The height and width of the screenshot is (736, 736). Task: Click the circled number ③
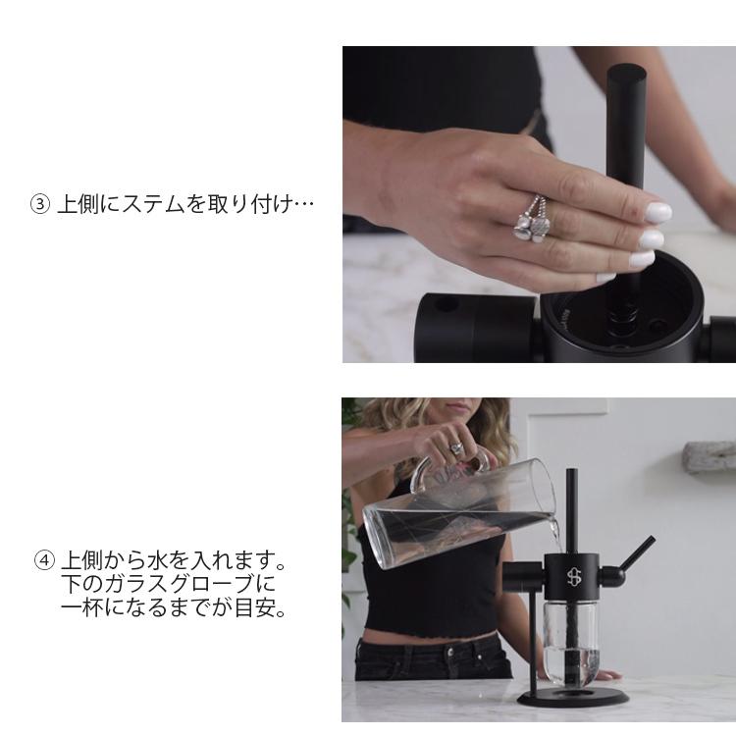[40, 205]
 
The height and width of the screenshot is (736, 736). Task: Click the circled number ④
[44, 562]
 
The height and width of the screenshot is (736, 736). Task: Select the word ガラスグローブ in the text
[166, 586]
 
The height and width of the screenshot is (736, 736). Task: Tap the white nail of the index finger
[657, 211]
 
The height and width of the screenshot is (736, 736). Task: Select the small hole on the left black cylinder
[447, 304]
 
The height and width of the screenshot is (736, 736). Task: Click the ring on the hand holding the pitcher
[455, 447]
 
